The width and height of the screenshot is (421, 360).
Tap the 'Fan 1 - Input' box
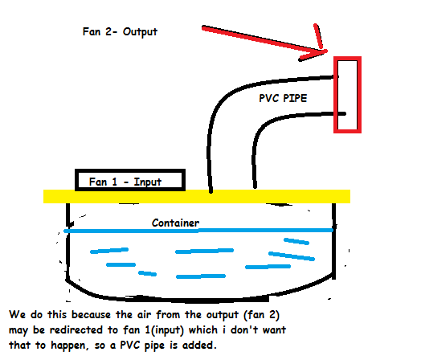(x=130, y=181)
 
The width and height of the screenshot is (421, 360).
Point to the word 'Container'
(x=176, y=222)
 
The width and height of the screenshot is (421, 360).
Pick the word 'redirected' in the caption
(x=84, y=331)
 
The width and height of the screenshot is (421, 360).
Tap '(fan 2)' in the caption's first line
(x=259, y=314)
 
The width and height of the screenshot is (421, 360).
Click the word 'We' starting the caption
(x=17, y=314)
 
